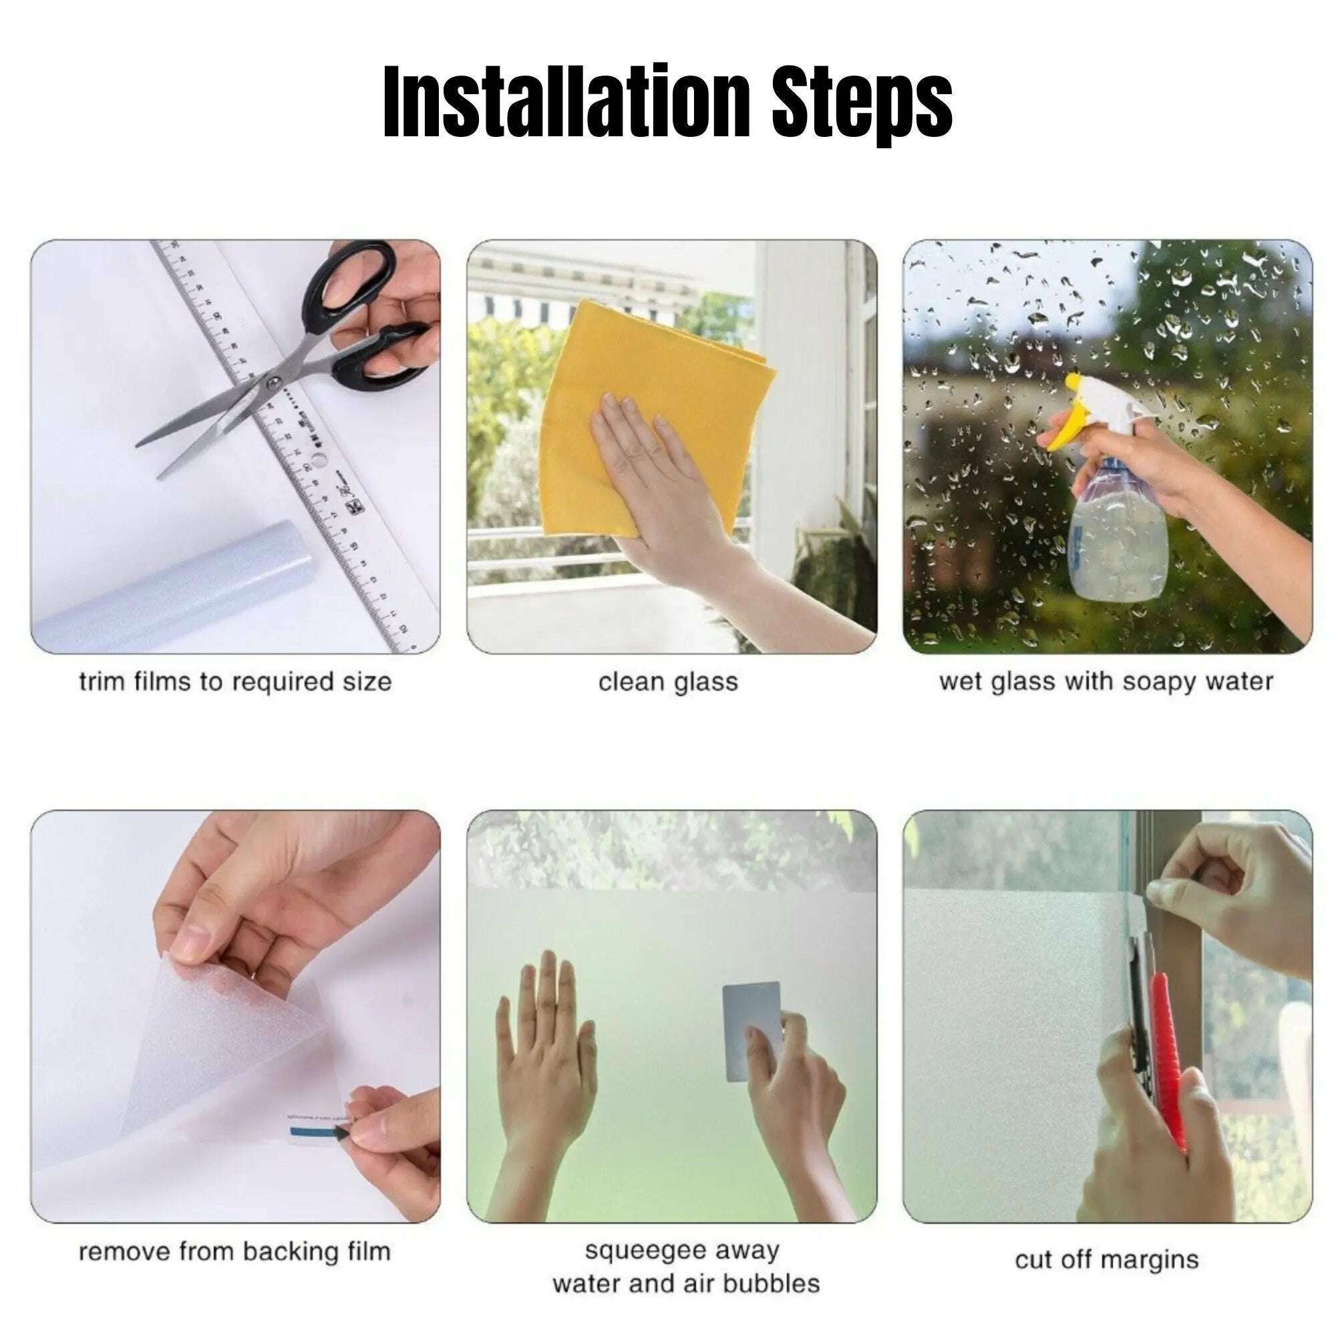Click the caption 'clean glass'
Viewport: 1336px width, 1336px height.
coord(668,683)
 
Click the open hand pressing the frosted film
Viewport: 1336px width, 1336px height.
coord(546,1058)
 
